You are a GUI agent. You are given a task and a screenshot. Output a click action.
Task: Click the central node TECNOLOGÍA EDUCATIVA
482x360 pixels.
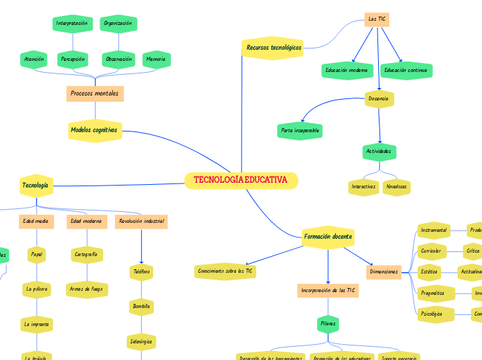[x=241, y=180]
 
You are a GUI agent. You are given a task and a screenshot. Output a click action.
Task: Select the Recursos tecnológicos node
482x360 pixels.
[x=274, y=48]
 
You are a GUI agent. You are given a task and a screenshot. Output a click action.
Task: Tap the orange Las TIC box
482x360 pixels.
[x=377, y=19]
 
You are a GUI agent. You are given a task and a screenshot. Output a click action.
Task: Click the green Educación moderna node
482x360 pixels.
[x=348, y=71]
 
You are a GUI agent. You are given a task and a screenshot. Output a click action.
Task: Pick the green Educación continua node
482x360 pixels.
[x=406, y=71]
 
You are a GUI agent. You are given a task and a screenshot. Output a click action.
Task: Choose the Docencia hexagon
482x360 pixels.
[x=379, y=99]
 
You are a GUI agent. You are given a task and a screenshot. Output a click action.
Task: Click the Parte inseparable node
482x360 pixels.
[x=300, y=130]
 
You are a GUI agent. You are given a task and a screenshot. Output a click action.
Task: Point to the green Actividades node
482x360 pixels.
[x=379, y=151]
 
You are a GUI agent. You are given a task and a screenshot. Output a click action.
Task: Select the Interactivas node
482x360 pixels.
[x=364, y=186]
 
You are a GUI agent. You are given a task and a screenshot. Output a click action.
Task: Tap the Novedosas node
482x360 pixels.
[x=397, y=186]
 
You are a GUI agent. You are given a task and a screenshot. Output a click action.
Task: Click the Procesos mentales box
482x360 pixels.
[x=95, y=93]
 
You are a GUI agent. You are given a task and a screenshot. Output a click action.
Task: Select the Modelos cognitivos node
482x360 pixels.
[x=94, y=129]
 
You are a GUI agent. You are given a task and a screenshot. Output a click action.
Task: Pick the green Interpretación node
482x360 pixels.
[x=72, y=24]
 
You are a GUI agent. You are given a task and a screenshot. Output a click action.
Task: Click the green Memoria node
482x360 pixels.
[x=156, y=60]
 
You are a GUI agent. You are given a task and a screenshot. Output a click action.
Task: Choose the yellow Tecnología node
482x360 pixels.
[x=35, y=185]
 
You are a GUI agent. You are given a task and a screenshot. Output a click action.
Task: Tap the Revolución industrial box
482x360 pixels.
[x=141, y=222]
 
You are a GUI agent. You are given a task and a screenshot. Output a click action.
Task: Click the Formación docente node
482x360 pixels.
[x=328, y=237]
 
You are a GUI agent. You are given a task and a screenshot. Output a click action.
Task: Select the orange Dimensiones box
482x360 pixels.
[x=384, y=272]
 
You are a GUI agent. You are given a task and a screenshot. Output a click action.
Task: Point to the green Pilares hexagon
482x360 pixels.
[x=328, y=323]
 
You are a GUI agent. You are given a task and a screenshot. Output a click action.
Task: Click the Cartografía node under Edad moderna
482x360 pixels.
[x=87, y=255]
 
